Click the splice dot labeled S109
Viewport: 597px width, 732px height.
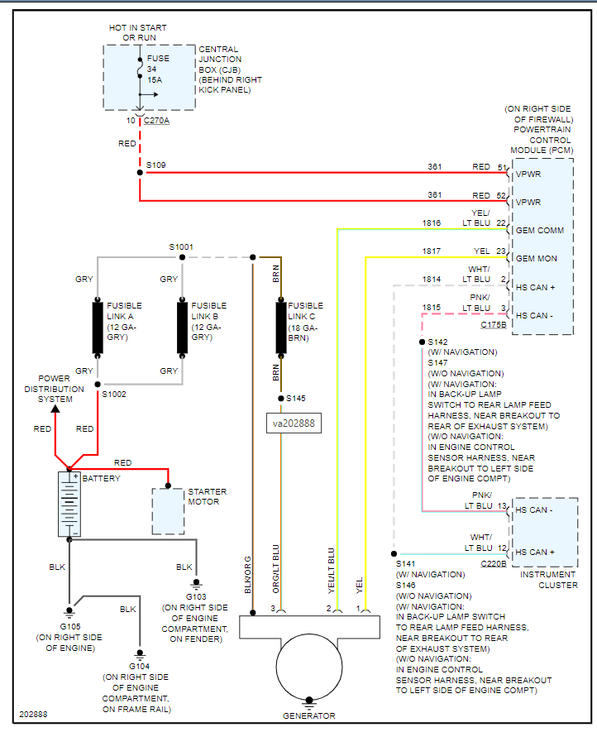click(140, 173)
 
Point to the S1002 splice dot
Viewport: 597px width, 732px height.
click(98, 385)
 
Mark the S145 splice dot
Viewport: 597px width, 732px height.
click(280, 399)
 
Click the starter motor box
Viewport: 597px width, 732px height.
click(168, 511)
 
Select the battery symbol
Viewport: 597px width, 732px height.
click(69, 505)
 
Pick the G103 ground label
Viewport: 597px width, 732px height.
click(196, 596)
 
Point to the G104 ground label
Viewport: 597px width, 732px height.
click(136, 666)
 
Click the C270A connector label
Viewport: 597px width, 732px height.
click(156, 121)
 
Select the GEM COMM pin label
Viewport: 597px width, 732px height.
click(539, 231)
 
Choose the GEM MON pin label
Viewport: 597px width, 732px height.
click(536, 259)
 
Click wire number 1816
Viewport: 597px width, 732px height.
click(432, 223)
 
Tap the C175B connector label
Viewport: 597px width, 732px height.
click(493, 324)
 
